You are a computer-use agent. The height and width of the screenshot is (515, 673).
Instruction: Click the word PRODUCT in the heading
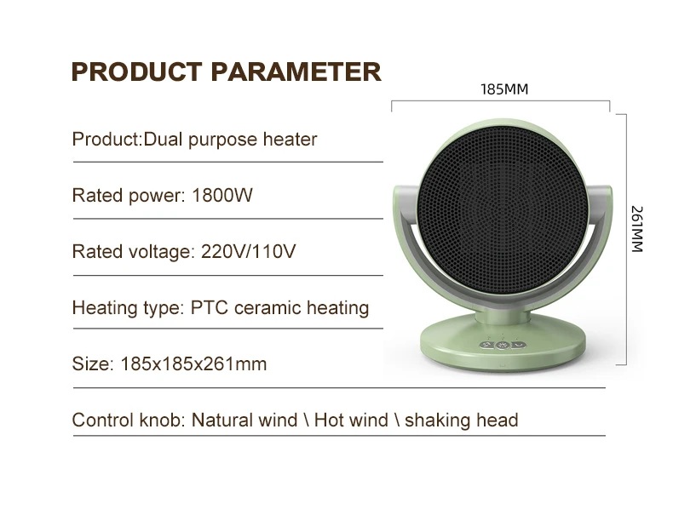pyautogui.click(x=136, y=72)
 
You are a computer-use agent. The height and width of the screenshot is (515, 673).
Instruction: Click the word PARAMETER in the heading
pyautogui.click(x=296, y=72)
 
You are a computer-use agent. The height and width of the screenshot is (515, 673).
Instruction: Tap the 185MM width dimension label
pyautogui.click(x=504, y=89)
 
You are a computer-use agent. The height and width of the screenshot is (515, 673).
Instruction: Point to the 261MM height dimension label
pyautogui.click(x=637, y=229)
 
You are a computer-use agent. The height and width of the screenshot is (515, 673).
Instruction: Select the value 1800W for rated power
pyautogui.click(x=222, y=196)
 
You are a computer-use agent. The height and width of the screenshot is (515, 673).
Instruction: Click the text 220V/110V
pyautogui.click(x=249, y=251)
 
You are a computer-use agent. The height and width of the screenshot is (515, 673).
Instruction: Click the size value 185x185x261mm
pyautogui.click(x=193, y=364)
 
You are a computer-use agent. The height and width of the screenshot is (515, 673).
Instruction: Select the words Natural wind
pyautogui.click(x=244, y=421)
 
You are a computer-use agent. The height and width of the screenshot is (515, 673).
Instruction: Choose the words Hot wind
pyautogui.click(x=351, y=421)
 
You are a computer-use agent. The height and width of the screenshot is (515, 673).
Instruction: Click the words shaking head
pyautogui.click(x=462, y=421)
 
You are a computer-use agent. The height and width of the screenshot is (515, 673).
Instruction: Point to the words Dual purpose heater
pyautogui.click(x=230, y=140)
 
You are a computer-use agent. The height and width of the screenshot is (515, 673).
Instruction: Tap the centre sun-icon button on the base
pyautogui.click(x=502, y=346)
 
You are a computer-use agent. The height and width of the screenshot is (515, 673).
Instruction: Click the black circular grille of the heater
pyautogui.click(x=502, y=209)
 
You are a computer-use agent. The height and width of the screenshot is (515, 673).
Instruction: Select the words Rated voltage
pyautogui.click(x=130, y=251)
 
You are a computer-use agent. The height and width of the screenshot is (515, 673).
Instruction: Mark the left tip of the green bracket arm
pyautogui.click(x=396, y=189)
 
